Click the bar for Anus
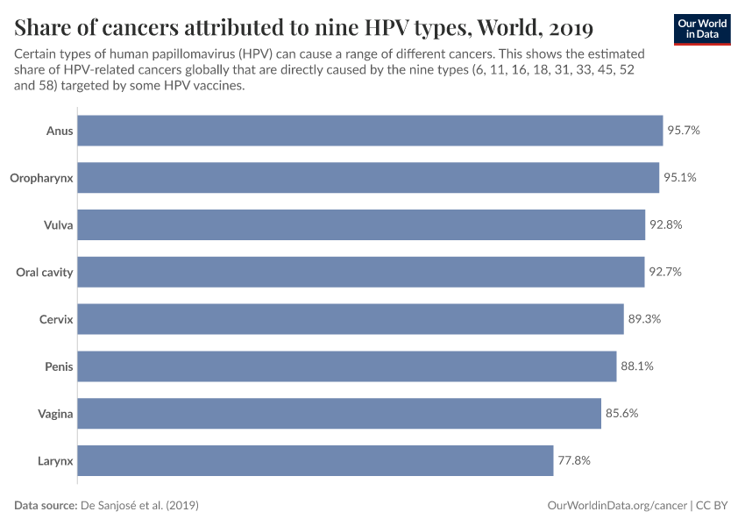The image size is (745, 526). coord(370,131)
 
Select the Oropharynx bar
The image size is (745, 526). coord(368,178)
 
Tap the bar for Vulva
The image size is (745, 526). coord(361,224)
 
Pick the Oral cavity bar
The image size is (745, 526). coord(361,272)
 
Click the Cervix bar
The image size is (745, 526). coord(351,319)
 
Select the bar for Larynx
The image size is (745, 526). coord(316,460)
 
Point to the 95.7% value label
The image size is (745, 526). coord(684,131)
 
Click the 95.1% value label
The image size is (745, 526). coord(680,178)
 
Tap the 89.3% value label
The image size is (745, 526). coord(644,319)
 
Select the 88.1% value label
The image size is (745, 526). coord(637,366)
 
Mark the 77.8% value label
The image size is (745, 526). coord(574,460)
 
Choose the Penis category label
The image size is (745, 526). coord(59,366)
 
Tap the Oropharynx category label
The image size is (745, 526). coord(41,178)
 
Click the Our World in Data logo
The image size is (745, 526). coord(701,29)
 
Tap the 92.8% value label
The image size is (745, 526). coord(665,224)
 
